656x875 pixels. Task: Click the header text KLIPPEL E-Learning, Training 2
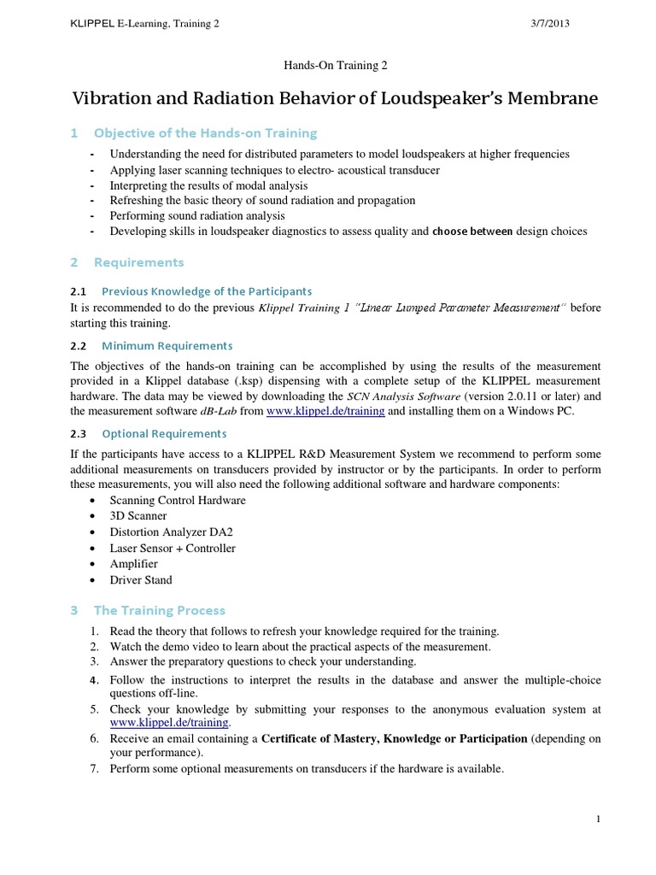coord(144,24)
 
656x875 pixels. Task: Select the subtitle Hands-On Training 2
coord(327,65)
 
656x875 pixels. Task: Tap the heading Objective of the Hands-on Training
coord(205,132)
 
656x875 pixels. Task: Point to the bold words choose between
coord(473,232)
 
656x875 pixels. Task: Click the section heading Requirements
coord(138,261)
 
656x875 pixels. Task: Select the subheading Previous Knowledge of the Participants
coord(207,291)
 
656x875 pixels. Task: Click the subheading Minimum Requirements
coord(167,345)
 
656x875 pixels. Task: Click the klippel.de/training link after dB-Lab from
coord(325,411)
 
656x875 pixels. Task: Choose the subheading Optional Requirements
coord(164,433)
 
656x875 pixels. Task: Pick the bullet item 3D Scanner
coord(138,516)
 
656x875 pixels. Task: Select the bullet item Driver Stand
coord(141,580)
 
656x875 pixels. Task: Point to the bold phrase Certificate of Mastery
coord(325,738)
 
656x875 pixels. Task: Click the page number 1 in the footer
coord(599,819)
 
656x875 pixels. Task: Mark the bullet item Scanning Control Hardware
coord(178,500)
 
